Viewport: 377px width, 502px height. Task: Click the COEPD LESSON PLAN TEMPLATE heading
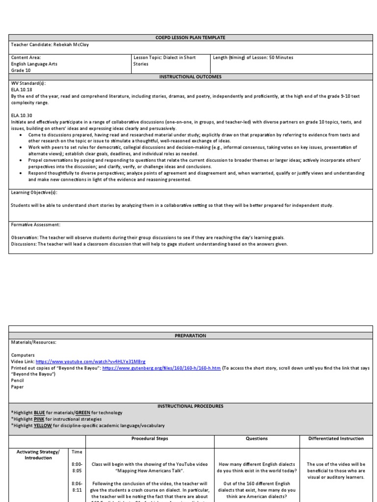(x=191, y=38)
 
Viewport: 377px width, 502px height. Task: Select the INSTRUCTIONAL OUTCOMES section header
(x=191, y=77)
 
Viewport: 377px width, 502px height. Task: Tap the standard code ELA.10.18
(x=21, y=90)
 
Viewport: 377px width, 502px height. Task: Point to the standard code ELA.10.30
(x=21, y=115)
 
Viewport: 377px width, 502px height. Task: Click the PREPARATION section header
(x=191, y=336)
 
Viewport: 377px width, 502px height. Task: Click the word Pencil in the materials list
(x=17, y=380)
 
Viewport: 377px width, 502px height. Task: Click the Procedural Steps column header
(x=150, y=438)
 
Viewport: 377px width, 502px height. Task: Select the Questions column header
(x=257, y=438)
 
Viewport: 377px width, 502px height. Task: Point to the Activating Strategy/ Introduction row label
(x=38, y=454)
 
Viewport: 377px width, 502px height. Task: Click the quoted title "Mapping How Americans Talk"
(x=150, y=471)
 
